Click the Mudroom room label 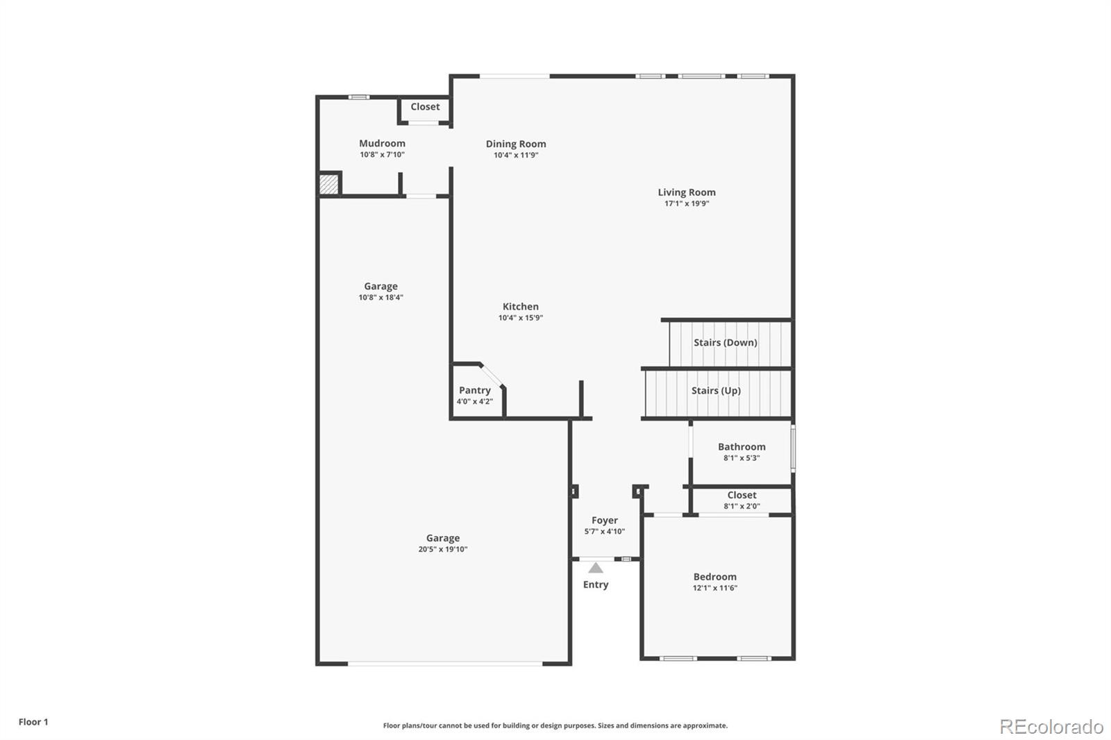coord(382,143)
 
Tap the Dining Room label coord(516,144)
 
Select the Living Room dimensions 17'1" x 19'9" coord(687,203)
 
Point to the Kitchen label coord(520,307)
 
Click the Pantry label coord(475,390)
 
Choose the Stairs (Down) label coord(725,342)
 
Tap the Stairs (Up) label coord(716,390)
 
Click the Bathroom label coord(742,447)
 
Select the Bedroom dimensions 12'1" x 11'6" coord(715,588)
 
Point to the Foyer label coord(605,520)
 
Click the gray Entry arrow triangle coord(596,568)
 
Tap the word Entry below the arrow coord(596,585)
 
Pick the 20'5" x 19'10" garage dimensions coord(443,549)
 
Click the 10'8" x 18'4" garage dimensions coord(381,298)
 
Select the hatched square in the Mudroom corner coord(328,184)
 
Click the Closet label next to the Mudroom coord(425,107)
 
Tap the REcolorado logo coord(1051,727)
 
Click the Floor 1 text coord(33,722)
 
